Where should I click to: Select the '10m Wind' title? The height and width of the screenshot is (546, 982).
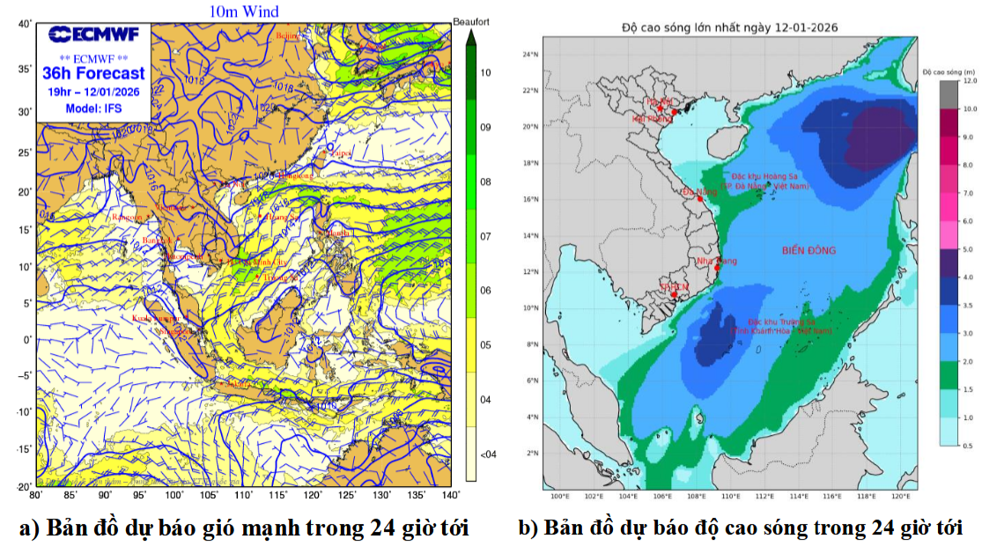[x=244, y=11]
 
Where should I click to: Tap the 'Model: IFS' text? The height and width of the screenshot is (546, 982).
[x=93, y=108]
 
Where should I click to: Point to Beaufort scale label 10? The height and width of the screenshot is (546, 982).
[x=486, y=72]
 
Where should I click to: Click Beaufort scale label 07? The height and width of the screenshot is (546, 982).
[x=486, y=236]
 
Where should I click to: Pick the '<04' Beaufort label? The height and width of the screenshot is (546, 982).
[x=487, y=454]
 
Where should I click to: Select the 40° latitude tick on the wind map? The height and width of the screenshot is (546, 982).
[x=24, y=25]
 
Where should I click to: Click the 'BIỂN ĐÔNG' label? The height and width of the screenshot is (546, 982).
[x=808, y=251]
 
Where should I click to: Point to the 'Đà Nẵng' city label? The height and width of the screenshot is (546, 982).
[x=700, y=191]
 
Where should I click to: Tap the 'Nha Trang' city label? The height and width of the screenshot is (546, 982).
[x=716, y=261]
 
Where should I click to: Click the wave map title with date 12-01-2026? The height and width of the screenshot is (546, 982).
[x=729, y=27]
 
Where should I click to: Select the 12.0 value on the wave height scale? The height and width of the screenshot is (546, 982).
[x=970, y=80]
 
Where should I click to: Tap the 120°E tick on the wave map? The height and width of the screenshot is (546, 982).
[x=900, y=497]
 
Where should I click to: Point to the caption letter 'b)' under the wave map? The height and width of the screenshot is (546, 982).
[x=527, y=528]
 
